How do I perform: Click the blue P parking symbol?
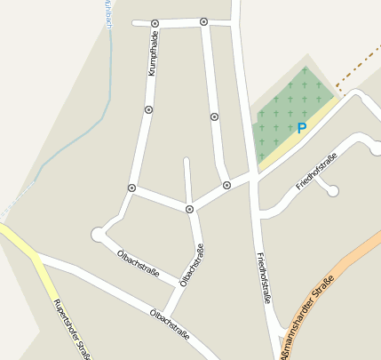pyautogui.click(x=301, y=128)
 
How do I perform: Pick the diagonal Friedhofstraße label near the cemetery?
pyautogui.click(x=316, y=172)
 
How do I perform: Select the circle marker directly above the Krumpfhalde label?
pyautogui.click(x=155, y=23)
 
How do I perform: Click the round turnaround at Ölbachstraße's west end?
pyautogui.click(x=98, y=234)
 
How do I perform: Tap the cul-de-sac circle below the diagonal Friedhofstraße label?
pyautogui.click(x=333, y=190)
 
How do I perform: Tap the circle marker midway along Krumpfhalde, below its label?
pyautogui.click(x=148, y=109)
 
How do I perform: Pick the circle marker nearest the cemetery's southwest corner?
pyautogui.click(x=226, y=185)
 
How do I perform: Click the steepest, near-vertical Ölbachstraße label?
pyautogui.click(x=189, y=268)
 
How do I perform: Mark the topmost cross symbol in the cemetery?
pyautogui.click(x=305, y=70)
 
